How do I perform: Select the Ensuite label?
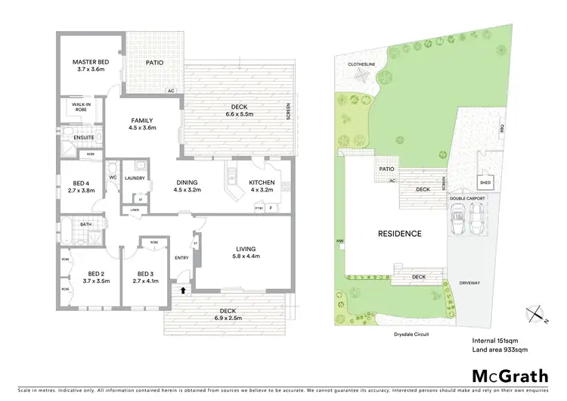[83, 137]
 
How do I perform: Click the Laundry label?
[135, 178]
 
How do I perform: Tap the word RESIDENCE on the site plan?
[400, 234]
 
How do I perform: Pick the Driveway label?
[469, 283]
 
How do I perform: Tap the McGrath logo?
[510, 376]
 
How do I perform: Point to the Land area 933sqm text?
[499, 350]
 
